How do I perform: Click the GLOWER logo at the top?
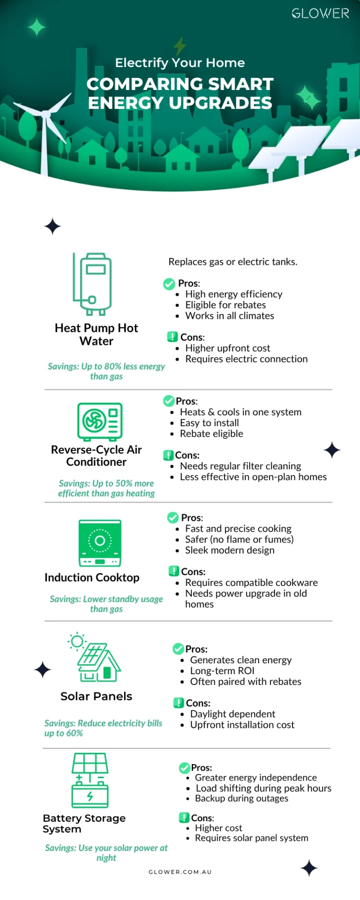tap(321, 14)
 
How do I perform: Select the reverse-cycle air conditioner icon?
tap(100, 421)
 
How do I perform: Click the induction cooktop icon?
tap(100, 543)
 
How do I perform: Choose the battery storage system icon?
tap(90, 780)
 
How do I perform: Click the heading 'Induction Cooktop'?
tap(92, 577)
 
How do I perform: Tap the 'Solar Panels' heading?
tap(96, 696)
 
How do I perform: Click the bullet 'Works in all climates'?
tap(230, 316)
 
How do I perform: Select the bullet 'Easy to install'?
tap(210, 423)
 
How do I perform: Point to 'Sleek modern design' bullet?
tap(230, 550)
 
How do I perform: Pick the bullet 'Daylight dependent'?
tap(232, 714)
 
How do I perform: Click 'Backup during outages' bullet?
tap(241, 798)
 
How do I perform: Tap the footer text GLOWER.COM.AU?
tap(180, 872)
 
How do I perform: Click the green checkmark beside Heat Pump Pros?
tap(169, 284)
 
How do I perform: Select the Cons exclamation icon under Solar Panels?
tap(179, 703)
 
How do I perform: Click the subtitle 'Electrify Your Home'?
tap(180, 63)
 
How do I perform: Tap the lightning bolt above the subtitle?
tap(180, 46)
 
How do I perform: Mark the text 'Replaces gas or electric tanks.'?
tap(233, 262)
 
